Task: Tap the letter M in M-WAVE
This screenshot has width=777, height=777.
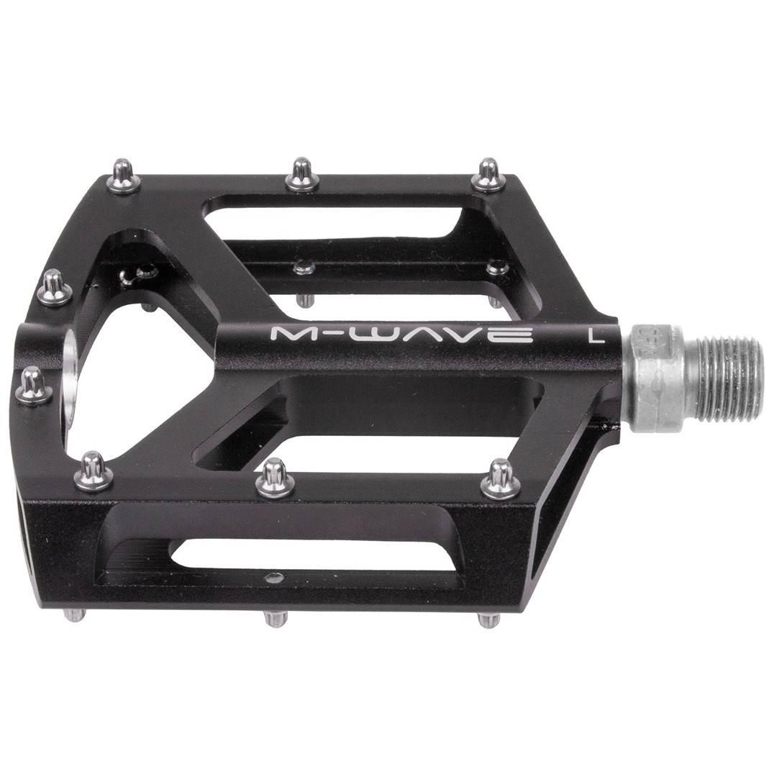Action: (x=286, y=335)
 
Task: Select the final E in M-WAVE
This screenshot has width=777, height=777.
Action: (x=519, y=335)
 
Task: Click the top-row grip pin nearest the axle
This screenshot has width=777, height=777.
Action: (x=489, y=176)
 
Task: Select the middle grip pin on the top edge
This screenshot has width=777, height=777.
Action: (x=302, y=175)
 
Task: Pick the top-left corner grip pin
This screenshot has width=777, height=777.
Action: (x=124, y=177)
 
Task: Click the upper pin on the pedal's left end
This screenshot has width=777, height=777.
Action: (x=55, y=288)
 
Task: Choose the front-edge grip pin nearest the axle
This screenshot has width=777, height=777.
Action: (x=501, y=480)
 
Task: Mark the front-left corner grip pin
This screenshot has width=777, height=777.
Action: (x=94, y=472)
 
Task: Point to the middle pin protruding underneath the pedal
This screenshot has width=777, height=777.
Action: (x=275, y=617)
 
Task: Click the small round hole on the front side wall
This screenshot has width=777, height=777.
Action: (x=274, y=576)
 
